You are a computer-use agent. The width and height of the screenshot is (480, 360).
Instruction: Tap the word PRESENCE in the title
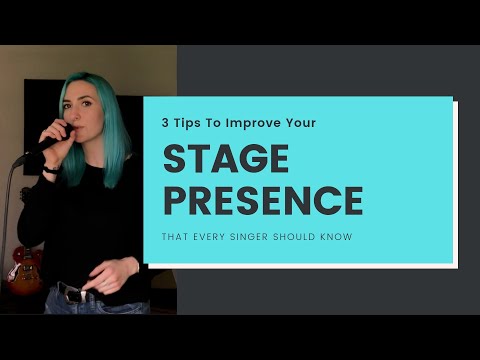tap(262, 200)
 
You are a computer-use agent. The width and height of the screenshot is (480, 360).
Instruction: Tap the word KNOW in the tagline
tap(339, 237)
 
